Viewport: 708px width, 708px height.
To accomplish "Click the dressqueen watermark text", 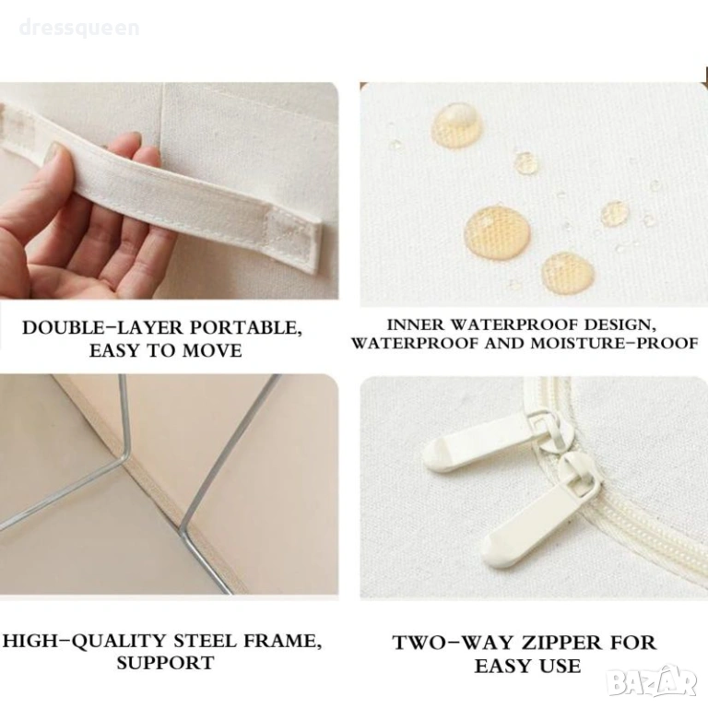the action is click(x=79, y=28).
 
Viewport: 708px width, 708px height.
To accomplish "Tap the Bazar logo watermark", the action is click(x=656, y=683).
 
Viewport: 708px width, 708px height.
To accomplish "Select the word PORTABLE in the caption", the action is click(x=245, y=328).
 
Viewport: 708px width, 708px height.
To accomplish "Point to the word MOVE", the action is click(x=209, y=351).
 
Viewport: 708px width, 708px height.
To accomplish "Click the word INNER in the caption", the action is click(x=417, y=324).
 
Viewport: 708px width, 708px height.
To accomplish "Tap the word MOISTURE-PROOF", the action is click(x=614, y=343).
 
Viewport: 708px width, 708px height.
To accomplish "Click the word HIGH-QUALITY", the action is click(x=86, y=642).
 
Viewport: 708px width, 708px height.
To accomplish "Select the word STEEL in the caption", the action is click(x=206, y=642).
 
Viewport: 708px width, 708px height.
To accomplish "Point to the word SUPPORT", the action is click(x=165, y=663).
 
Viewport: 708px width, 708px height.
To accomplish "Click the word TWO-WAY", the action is click(x=447, y=643).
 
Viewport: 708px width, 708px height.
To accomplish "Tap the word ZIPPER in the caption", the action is click(x=555, y=643).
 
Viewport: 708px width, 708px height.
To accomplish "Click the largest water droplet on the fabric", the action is click(x=497, y=232).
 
